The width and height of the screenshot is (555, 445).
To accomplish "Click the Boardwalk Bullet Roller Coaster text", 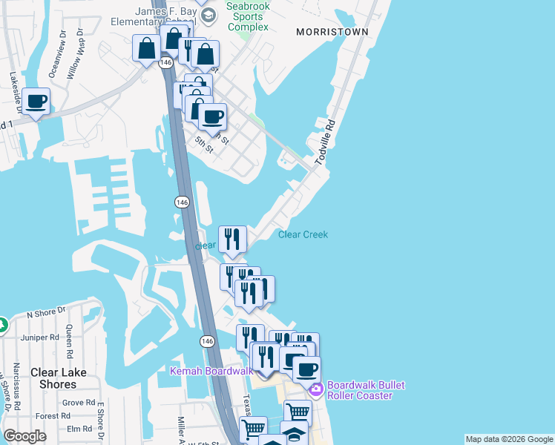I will pos(360,390).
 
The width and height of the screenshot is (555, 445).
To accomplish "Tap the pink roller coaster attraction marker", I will pos(316,389).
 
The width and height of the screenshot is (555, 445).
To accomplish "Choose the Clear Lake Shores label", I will pos(58,378).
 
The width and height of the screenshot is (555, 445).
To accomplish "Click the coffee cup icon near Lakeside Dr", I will pos(36,101).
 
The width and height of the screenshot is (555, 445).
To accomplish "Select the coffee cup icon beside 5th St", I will pos(212,116).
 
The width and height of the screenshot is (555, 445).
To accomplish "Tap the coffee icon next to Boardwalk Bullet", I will pos(306,369).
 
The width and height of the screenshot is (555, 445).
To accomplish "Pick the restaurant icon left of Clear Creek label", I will pos(232,239).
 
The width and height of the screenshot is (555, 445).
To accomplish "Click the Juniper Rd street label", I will pos(40,337).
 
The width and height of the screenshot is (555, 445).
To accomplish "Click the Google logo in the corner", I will pos(25,436).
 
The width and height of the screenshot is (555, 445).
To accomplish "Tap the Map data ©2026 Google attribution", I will pos(508,439).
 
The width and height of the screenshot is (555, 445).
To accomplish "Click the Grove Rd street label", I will pos(79,403).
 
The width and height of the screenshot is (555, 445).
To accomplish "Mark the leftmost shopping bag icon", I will pos(146,49).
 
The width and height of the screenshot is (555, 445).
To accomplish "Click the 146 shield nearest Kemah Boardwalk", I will pos(207,340).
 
